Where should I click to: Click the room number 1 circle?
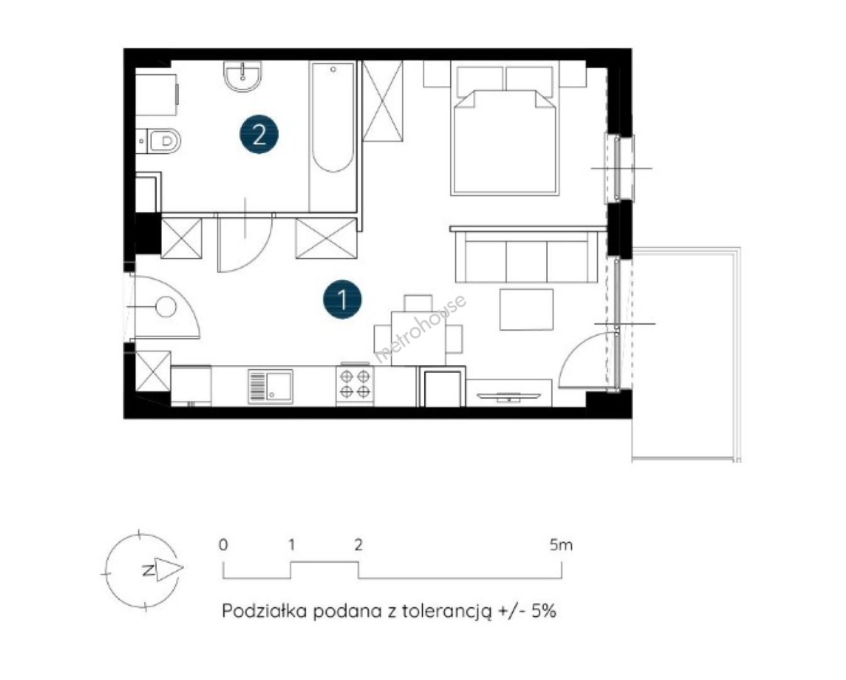[342, 299]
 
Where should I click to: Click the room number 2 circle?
[259, 134]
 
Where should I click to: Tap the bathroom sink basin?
[242, 77]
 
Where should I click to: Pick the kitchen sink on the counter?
[271, 386]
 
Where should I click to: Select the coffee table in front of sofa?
[526, 310]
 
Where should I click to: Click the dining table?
[419, 339]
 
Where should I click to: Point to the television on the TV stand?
[509, 397]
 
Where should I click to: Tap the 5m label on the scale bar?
[561, 545]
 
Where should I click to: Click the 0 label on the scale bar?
[223, 545]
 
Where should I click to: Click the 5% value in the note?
[544, 611]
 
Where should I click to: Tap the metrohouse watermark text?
[420, 329]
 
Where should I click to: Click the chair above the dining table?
[418, 303]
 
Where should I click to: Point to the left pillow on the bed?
[480, 81]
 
